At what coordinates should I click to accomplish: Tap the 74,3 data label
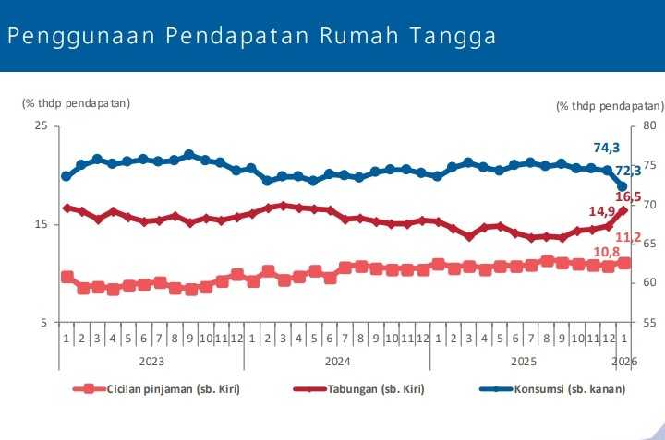click(606, 148)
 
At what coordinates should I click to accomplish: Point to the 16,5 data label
click(629, 196)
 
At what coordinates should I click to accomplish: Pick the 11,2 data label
click(629, 238)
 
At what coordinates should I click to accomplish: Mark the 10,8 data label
click(605, 251)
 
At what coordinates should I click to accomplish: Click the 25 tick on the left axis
click(41, 125)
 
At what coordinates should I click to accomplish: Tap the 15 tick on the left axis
click(41, 224)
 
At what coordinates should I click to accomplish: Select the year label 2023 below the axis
click(151, 360)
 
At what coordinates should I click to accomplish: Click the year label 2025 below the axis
click(524, 360)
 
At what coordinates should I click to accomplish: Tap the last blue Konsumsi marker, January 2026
click(623, 186)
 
